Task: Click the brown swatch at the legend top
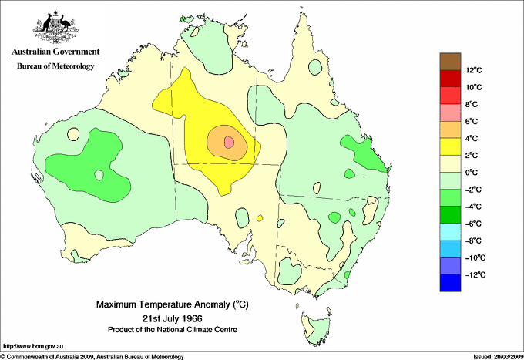450,61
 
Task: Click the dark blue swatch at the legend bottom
450,283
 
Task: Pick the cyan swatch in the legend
450,232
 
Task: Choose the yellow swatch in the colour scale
450,146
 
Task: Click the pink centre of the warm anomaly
229,140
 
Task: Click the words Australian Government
55,52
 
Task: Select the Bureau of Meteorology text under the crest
55,66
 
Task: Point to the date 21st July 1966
170,318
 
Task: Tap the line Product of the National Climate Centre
170,330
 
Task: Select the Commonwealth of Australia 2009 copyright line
92,356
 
